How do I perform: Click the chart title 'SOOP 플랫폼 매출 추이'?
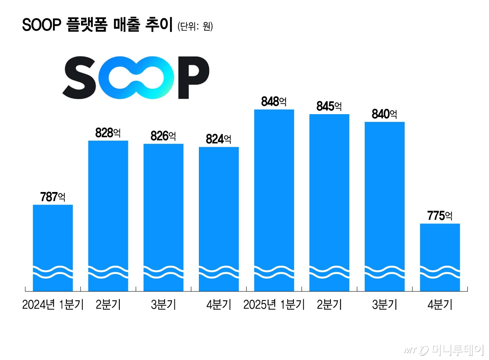[97, 25]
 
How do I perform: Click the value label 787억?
[53, 197]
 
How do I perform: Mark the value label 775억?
[440, 216]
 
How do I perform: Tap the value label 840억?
[384, 114]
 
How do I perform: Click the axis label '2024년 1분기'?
[53, 305]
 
